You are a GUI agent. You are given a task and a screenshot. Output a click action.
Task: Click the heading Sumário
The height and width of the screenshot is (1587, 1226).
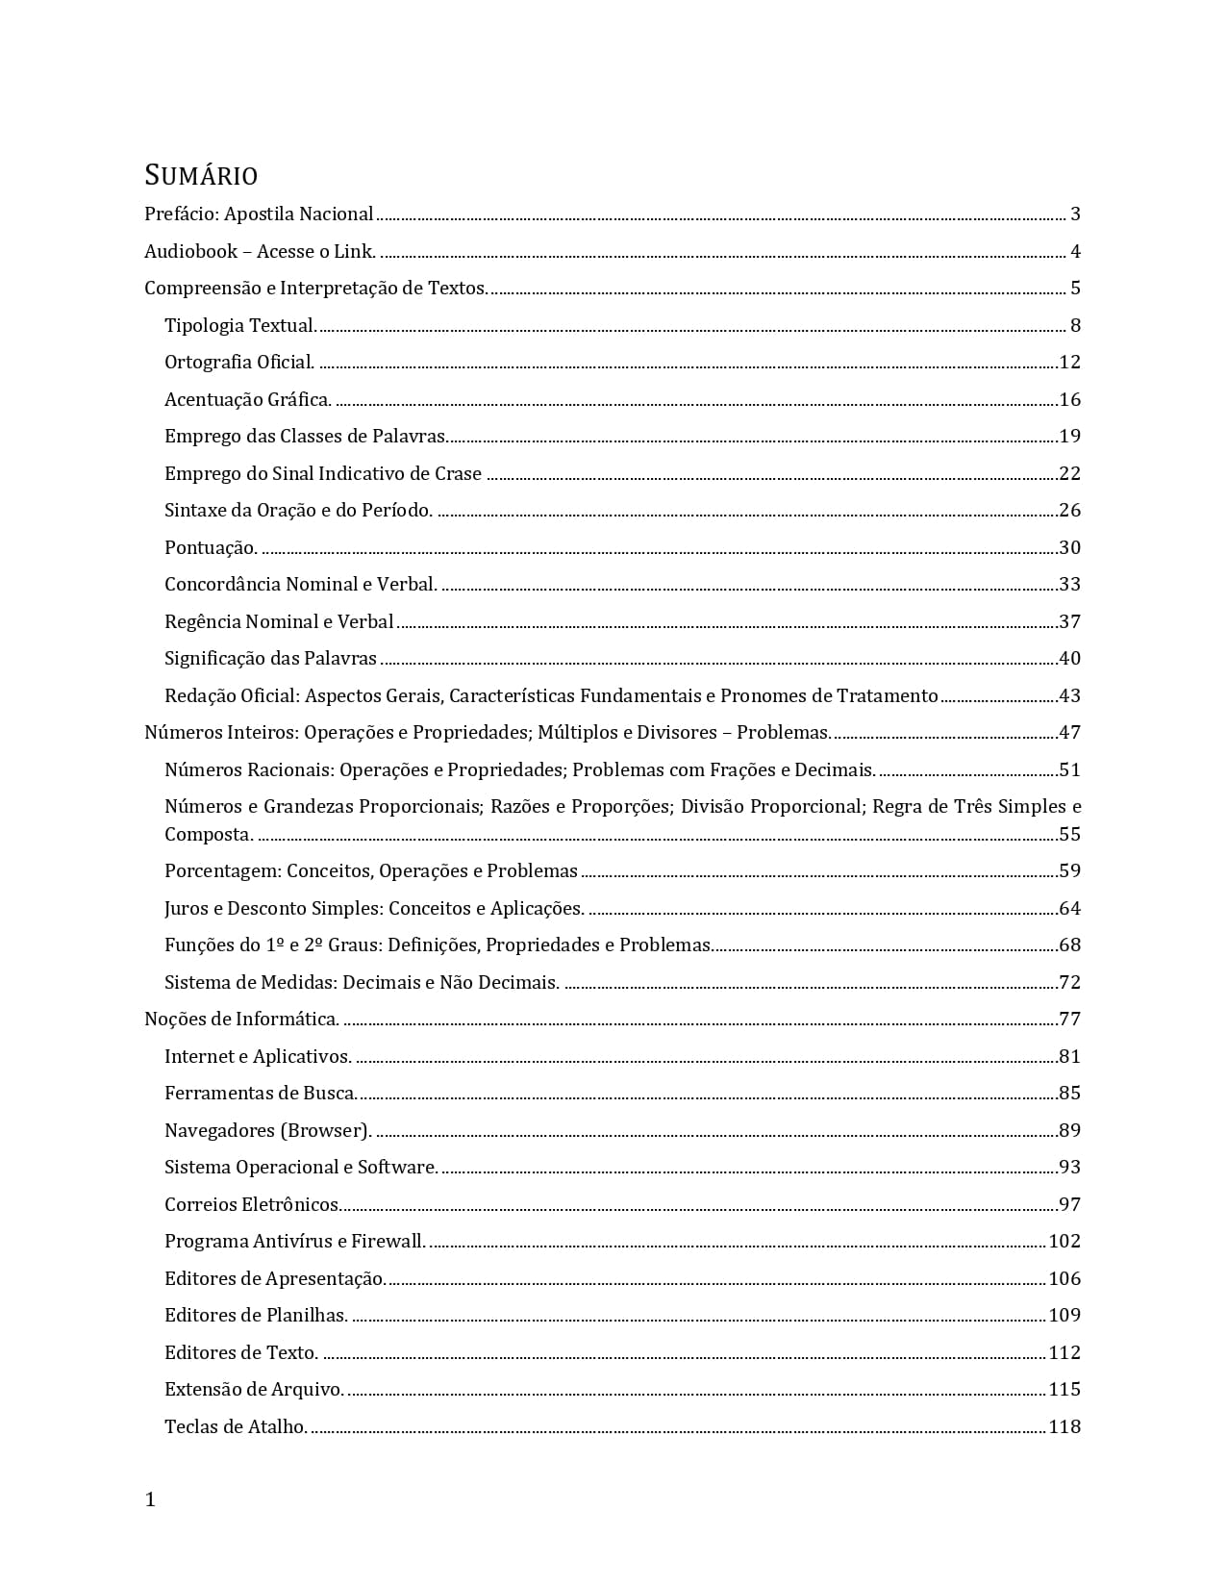coord(201,176)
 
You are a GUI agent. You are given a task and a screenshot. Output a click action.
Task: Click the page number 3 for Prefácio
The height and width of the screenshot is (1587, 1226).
coord(1075,214)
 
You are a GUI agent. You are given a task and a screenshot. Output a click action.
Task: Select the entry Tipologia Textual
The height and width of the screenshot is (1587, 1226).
coord(240,326)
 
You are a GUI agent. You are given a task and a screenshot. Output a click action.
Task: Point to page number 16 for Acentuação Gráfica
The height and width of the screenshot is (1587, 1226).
coord(1069,400)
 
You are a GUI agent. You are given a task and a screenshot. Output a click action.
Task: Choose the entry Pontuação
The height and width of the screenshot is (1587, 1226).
coord(211,548)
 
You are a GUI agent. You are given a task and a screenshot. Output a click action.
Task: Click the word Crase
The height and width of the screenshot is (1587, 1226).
coord(458,474)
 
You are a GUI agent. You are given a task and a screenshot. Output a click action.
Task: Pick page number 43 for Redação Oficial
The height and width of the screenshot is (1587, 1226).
coord(1069,696)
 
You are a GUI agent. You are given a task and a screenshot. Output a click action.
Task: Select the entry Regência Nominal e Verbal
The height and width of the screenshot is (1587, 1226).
coord(279,622)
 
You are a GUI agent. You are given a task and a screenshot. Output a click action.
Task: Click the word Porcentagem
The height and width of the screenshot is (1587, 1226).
coord(223,871)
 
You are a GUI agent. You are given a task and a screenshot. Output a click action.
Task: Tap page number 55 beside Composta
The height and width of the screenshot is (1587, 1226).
coord(1069,835)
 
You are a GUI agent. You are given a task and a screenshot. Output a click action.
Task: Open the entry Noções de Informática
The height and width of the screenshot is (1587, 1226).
coord(241,1020)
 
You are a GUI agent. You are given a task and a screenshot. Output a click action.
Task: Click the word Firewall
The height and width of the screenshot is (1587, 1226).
coord(388,1242)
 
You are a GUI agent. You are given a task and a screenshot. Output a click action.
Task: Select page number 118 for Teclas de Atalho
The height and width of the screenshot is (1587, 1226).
coord(1064,1427)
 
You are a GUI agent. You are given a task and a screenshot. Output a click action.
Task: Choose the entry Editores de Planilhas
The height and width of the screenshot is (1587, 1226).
coord(256,1316)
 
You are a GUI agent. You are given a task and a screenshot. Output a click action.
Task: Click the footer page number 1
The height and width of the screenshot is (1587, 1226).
coord(150,1499)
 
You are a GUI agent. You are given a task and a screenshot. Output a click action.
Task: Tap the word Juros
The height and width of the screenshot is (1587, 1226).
coord(187,909)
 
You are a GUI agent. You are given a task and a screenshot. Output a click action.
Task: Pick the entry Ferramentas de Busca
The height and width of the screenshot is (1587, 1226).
coord(261,1094)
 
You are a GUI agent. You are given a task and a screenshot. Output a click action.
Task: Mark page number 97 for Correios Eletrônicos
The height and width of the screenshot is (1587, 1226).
coord(1069,1205)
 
